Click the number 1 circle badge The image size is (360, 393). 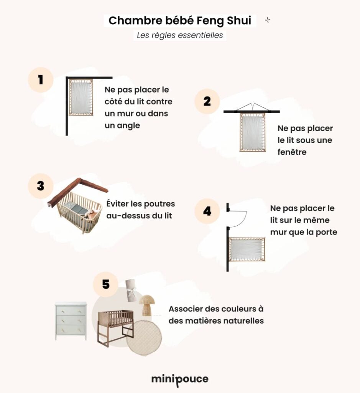[40, 80]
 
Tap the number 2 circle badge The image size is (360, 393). [207, 101]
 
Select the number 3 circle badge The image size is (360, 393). [40, 186]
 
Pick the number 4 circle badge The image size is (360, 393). [207, 211]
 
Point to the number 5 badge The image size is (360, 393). [106, 284]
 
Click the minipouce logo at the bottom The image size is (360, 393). [180, 379]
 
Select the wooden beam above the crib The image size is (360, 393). [77, 190]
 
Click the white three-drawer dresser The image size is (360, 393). [71, 321]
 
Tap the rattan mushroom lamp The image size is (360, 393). [146, 305]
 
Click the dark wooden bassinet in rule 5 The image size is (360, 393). [115, 326]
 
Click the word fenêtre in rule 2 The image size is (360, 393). [292, 152]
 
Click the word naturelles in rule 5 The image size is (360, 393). [241, 321]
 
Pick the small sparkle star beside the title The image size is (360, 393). [267, 20]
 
